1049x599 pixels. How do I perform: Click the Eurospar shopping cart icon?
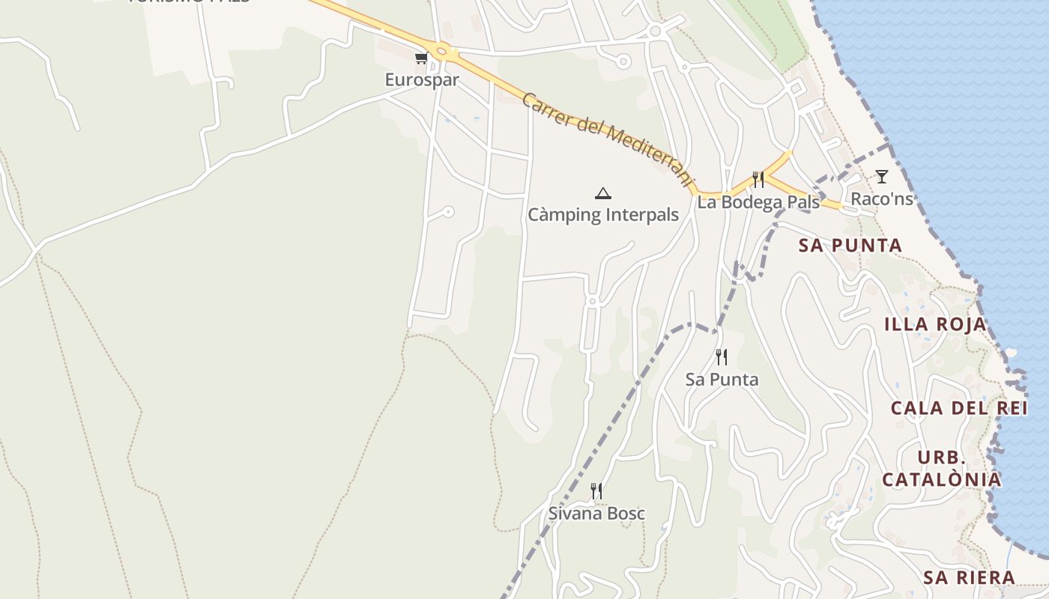pyautogui.click(x=421, y=58)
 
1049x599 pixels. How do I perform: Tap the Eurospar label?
pyautogui.click(x=422, y=79)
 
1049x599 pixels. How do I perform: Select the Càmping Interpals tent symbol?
pyautogui.click(x=602, y=194)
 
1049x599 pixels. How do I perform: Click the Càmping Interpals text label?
pyautogui.click(x=603, y=215)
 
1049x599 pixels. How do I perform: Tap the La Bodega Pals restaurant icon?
pyautogui.click(x=758, y=180)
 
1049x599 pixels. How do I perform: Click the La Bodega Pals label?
pyautogui.click(x=758, y=202)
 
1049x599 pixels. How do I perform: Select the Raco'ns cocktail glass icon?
pyautogui.click(x=882, y=177)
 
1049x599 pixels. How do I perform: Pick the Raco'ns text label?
pyautogui.click(x=882, y=198)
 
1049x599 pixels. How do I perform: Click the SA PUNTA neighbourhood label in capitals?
pyautogui.click(x=850, y=246)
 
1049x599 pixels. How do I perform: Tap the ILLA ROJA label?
pyautogui.click(x=935, y=324)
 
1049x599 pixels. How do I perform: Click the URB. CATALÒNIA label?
pyautogui.click(x=941, y=469)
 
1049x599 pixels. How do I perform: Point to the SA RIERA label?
pyautogui.click(x=969, y=577)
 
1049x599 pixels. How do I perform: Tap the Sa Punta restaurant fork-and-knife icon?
pyautogui.click(x=722, y=357)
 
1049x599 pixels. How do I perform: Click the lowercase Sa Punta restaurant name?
pyautogui.click(x=722, y=380)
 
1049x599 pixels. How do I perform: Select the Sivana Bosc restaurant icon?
pyautogui.click(x=596, y=491)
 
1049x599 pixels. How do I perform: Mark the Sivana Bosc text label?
pyautogui.click(x=596, y=514)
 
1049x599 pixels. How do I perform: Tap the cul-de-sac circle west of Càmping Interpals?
pyautogui.click(x=448, y=212)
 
